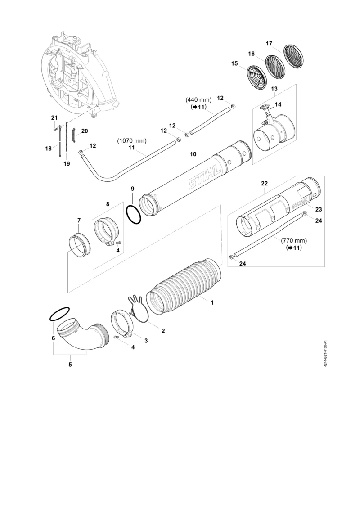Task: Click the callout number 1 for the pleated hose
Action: tap(212, 302)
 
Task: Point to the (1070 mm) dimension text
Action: tap(132, 141)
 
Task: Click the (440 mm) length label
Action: tap(198, 100)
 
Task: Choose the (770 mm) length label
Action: tap(294, 240)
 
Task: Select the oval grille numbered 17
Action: tap(293, 57)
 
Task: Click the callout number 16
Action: tap(251, 54)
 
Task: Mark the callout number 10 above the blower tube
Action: tap(193, 154)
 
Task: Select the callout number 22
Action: tap(265, 184)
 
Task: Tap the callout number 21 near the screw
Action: tap(54, 117)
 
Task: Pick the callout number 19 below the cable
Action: tap(67, 164)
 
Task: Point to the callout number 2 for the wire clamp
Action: tap(163, 331)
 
